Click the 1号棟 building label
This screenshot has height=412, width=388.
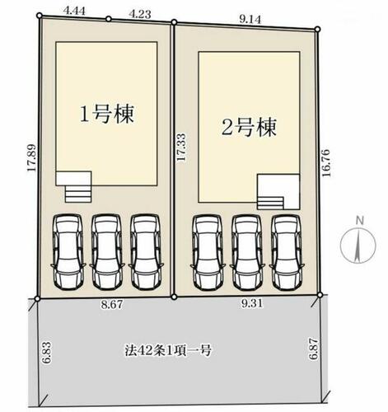[x=107, y=114]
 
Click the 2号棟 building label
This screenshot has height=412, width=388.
[x=249, y=128]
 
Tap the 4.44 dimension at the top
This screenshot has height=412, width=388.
[x=74, y=12]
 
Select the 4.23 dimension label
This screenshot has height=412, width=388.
[x=140, y=14]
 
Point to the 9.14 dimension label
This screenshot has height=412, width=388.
[x=250, y=19]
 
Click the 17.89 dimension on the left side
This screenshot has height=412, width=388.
[x=32, y=157]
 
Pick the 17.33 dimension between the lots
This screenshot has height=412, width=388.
[x=181, y=147]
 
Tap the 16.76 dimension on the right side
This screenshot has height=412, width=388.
[x=325, y=163]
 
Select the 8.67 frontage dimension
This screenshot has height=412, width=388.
[x=112, y=304]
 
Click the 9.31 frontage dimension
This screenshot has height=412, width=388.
[x=252, y=303]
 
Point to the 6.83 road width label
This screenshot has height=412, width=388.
[x=46, y=353]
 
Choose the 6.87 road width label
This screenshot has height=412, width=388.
[x=314, y=349]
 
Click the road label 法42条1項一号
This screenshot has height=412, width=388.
[x=168, y=350]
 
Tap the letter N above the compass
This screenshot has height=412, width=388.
[x=359, y=220]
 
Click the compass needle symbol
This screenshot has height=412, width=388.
[x=358, y=245]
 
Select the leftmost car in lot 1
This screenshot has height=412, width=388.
[x=68, y=251]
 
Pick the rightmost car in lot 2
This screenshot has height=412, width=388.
[x=287, y=252]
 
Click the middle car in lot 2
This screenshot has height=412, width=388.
[x=247, y=252]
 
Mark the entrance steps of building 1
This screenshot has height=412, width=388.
[x=78, y=194]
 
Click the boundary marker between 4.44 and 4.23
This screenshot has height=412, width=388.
[x=109, y=19]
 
